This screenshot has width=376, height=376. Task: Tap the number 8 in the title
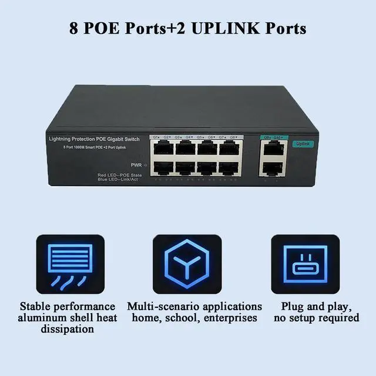74,29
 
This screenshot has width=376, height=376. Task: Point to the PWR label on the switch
136,166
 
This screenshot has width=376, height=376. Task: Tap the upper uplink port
271,149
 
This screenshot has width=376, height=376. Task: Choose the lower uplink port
271,168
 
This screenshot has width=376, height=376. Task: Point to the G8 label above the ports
233,137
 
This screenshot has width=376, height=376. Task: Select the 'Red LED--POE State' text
120,174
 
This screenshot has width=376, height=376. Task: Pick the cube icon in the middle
187,264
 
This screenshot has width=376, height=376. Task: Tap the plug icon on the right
305,264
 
